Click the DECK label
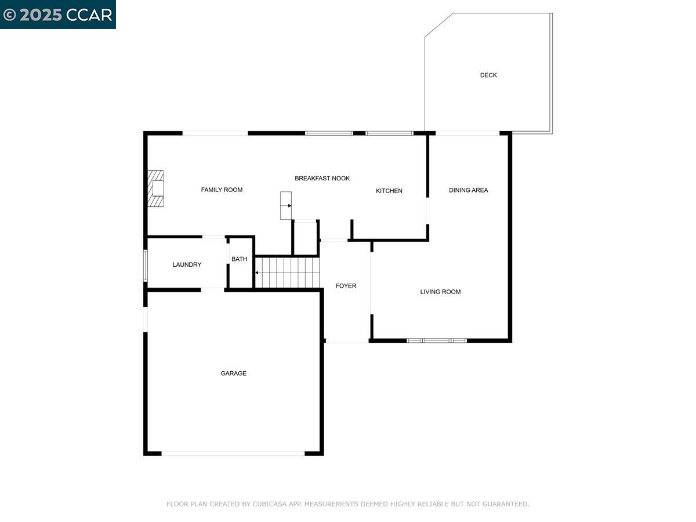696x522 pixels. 488,75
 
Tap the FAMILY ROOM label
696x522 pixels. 222,190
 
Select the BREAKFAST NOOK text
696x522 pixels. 322,179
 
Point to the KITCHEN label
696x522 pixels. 389,191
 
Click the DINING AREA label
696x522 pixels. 468,190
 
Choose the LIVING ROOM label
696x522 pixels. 440,292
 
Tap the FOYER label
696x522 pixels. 346,286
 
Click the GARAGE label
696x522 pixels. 233,374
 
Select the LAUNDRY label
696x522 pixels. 187,265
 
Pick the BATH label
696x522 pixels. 239,259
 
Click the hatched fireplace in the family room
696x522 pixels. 155,188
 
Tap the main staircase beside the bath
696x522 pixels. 288,273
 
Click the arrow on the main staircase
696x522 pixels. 258,273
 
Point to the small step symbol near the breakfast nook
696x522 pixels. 286,205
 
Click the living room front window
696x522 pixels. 436,340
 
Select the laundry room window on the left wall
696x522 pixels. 146,266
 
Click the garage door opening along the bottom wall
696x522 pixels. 233,454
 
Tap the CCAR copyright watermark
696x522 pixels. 58,14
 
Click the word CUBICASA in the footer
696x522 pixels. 269,505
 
